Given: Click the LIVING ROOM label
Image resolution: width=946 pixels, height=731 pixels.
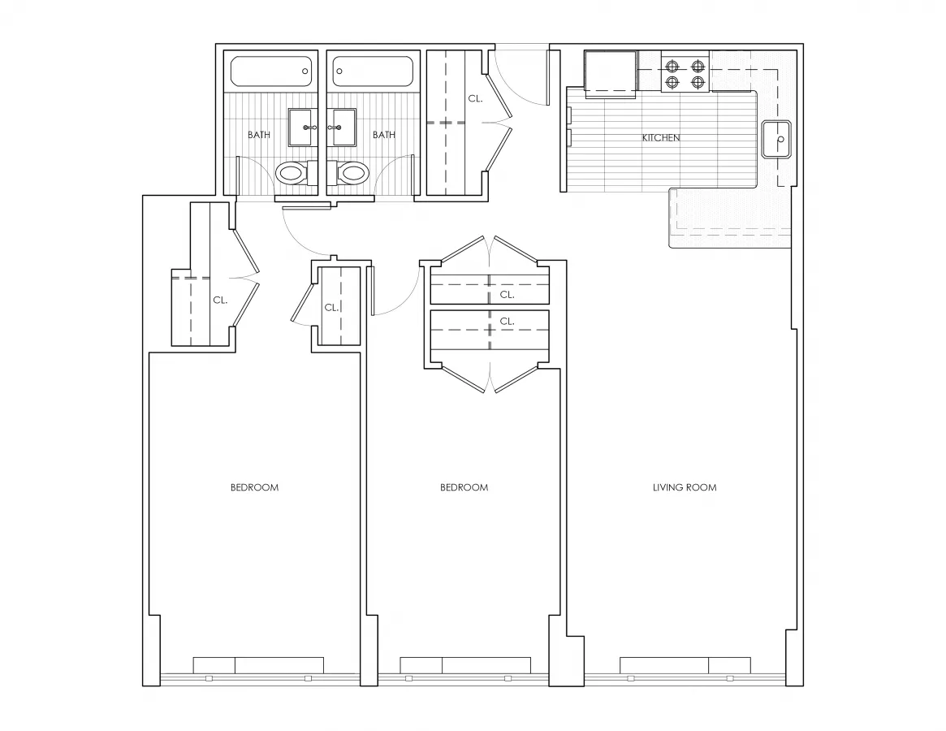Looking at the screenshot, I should pos(685,487).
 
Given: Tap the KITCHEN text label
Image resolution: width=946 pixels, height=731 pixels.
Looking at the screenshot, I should pos(661,138).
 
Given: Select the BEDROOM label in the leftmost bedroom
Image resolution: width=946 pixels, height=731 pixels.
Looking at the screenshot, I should pos(254,487).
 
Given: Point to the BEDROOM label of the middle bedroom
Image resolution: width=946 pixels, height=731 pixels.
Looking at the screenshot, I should pos(464,487).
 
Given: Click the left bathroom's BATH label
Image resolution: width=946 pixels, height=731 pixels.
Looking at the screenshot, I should pos(259,135).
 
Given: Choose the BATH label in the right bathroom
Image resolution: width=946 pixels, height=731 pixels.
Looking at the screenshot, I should pos(384,135).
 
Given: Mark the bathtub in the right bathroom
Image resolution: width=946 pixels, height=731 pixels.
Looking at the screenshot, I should pos(373,71).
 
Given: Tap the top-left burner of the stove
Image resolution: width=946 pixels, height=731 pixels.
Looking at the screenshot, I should pos(672,66).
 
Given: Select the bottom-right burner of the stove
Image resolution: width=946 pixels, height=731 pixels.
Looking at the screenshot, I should pos(698,81).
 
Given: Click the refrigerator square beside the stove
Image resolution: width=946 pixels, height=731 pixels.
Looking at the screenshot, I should pos(611,74).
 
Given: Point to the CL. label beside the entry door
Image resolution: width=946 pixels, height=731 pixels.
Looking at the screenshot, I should pos(475,98).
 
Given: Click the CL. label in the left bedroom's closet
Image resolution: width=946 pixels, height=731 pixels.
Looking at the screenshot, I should pos(219,300).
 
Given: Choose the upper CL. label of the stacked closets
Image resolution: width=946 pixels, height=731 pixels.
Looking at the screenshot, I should pos(507,294).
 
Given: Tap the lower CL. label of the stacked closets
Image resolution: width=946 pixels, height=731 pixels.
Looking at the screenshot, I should pos(507,321).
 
